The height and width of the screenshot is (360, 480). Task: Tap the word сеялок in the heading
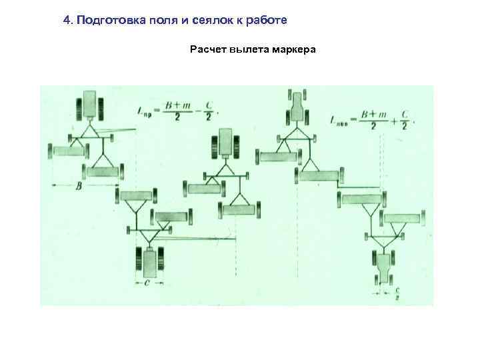click(x=193, y=20)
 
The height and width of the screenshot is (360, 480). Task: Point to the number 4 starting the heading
click(x=66, y=20)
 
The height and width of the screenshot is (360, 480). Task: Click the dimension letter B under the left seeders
click(x=78, y=188)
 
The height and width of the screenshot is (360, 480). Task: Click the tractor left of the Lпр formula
click(x=89, y=106)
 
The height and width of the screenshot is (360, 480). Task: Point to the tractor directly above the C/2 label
click(x=384, y=267)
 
